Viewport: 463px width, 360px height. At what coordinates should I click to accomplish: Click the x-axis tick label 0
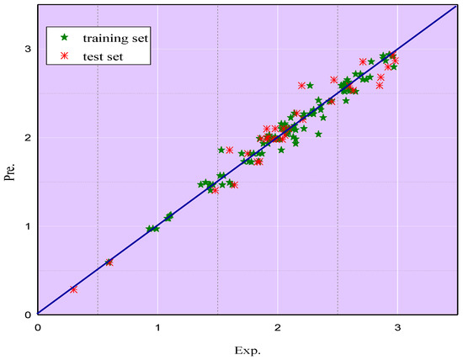coord(38,326)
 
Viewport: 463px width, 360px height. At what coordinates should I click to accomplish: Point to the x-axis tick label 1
coord(157,326)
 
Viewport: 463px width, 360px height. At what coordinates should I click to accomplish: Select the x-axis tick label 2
coord(278,326)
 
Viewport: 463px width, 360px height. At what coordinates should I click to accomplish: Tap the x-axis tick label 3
coord(397,326)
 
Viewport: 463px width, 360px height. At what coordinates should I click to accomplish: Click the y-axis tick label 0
coord(28,315)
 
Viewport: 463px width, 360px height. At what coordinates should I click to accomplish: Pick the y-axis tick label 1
coord(28,226)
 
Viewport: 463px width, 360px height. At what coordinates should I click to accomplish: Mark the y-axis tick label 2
coord(28,137)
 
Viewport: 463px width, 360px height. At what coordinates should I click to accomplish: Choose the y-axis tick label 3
coord(28,49)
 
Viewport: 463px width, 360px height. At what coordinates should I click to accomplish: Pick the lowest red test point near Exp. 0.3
coord(74,289)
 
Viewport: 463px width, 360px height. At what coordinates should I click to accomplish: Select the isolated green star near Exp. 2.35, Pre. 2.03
coord(319,134)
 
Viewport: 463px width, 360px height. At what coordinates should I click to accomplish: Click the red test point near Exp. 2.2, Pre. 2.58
coord(302,86)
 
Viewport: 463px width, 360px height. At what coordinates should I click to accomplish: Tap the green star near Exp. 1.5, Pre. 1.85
coord(221,150)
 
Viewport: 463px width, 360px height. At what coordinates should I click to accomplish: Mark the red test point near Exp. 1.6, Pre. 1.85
coord(230,150)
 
